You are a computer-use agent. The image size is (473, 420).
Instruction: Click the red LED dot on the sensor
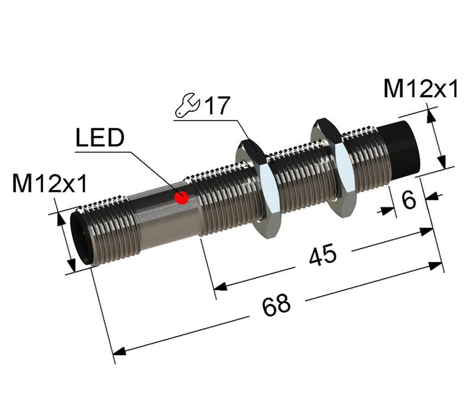click(x=182, y=198)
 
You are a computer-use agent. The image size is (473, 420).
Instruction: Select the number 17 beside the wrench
click(x=216, y=106)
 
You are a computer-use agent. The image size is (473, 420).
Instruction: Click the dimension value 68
click(x=277, y=304)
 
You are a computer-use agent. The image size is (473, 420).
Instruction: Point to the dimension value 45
click(x=322, y=256)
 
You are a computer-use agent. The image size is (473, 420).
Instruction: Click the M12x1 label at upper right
click(x=421, y=89)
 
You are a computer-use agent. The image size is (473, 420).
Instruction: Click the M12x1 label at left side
click(x=50, y=185)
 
